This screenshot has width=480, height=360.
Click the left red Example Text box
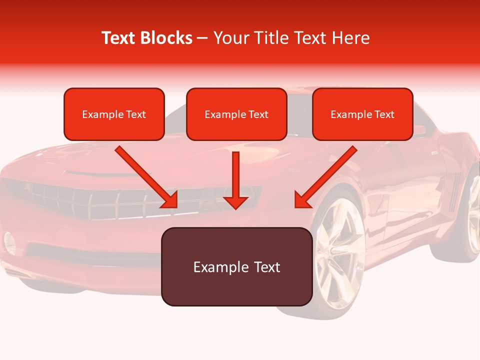pos(114,114)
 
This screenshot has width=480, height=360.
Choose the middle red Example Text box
pos(236,114)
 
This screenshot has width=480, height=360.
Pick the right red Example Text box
pos(362,114)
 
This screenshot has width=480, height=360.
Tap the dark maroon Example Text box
pos(236,266)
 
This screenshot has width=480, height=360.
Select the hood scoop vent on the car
pos(95,172)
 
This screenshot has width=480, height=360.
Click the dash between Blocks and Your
pos(203,38)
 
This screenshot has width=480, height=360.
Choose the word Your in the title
pos(229,38)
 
